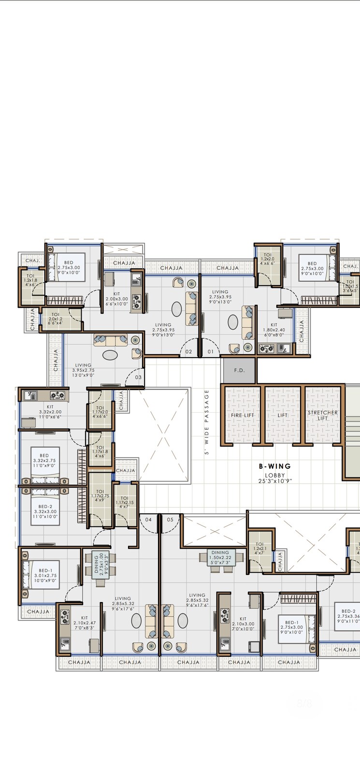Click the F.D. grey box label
pyautogui.click(x=239, y=370)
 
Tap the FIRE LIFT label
pyautogui.click(x=242, y=415)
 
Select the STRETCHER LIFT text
pyautogui.click(x=322, y=415)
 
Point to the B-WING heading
pyautogui.click(x=274, y=466)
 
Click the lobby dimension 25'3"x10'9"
pyautogui.click(x=274, y=481)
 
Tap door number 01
pyautogui.click(x=210, y=352)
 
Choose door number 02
pyautogui.click(x=188, y=352)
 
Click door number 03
pyautogui.click(x=138, y=377)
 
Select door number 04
pyautogui.click(x=148, y=520)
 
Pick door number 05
pyautogui.click(x=170, y=520)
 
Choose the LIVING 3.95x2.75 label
pyautogui.click(x=83, y=370)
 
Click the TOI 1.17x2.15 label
pyautogui.click(x=124, y=502)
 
